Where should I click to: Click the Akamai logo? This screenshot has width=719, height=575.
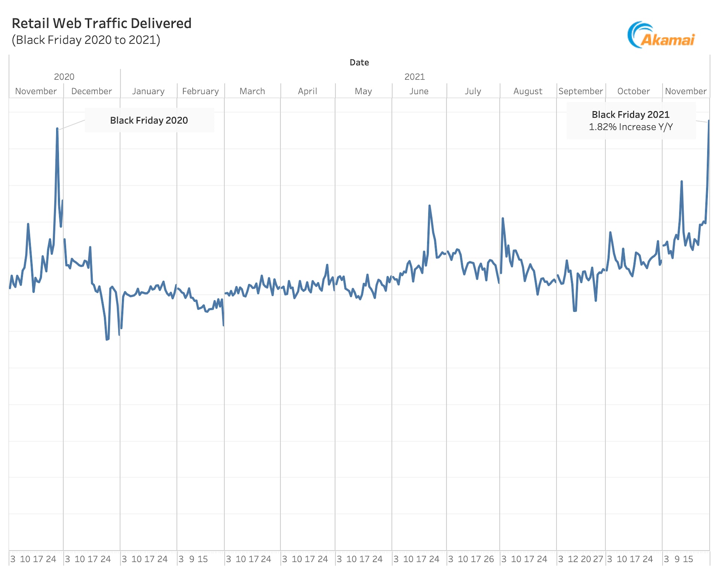click(x=661, y=35)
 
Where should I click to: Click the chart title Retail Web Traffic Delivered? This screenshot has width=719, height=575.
click(x=101, y=23)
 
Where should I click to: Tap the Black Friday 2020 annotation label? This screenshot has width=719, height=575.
click(x=149, y=120)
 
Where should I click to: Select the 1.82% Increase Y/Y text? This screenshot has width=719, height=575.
click(x=631, y=127)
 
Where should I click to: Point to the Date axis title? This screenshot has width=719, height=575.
click(x=359, y=63)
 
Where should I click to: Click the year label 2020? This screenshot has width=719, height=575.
click(x=64, y=77)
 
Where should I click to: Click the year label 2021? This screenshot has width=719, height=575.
click(x=415, y=77)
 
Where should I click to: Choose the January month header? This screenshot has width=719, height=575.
click(x=148, y=91)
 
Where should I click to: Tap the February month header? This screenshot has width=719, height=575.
click(x=200, y=91)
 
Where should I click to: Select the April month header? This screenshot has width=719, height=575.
click(x=307, y=91)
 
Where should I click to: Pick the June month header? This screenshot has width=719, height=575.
click(x=419, y=91)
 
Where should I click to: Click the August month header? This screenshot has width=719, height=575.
click(x=528, y=91)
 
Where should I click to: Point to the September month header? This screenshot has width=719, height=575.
click(x=580, y=91)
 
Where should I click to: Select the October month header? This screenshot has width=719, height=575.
click(x=634, y=91)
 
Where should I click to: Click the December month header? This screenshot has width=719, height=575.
click(x=91, y=91)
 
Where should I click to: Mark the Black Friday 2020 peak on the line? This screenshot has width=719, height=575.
click(x=57, y=129)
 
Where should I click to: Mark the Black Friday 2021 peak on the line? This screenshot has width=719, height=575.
click(x=709, y=121)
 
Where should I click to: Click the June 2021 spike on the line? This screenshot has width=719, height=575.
click(x=430, y=206)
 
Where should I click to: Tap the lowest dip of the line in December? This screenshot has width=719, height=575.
click(x=107, y=339)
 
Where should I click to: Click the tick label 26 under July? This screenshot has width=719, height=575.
click(x=489, y=559)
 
